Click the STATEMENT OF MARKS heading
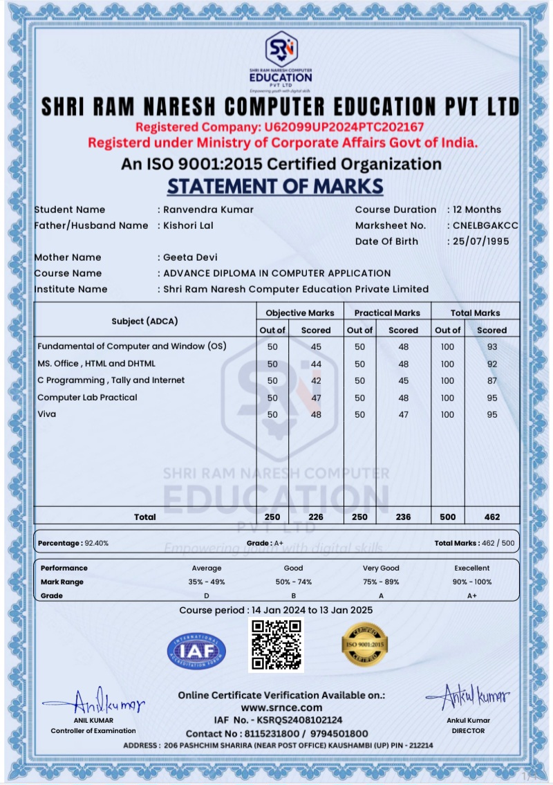[275, 186]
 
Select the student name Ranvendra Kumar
[208, 210]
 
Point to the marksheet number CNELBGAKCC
[485, 225]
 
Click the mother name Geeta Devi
[190, 257]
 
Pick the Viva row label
[47, 414]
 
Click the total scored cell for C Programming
[491, 380]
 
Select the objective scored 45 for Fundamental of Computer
[316, 347]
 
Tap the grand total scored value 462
[491, 517]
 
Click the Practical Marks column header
[387, 313]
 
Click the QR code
[276, 645]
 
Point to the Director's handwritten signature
[468, 694]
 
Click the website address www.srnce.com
[281, 708]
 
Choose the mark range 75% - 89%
[381, 582]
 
